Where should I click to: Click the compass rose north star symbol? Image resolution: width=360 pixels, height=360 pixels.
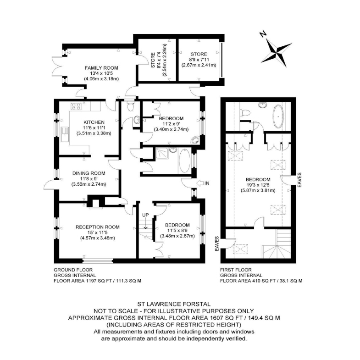pyautogui.click(x=277, y=53)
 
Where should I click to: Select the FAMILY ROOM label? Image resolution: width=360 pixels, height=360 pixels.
pyautogui.click(x=101, y=68)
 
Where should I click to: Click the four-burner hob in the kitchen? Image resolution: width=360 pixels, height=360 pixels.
pyautogui.click(x=76, y=106)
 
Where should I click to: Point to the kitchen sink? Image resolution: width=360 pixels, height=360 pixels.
pyautogui.click(x=65, y=134)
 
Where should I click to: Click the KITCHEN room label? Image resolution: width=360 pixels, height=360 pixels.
pyautogui.click(x=94, y=122)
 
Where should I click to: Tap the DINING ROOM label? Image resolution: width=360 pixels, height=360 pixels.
pyautogui.click(x=89, y=173)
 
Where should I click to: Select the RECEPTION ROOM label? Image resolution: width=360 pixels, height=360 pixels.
pyautogui.click(x=98, y=227)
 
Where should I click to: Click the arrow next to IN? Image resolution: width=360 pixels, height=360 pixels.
pyautogui.click(x=200, y=183)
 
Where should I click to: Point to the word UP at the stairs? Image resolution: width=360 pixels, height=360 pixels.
pyautogui.click(x=145, y=215)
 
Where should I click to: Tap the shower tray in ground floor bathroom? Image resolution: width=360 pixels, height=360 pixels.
pyautogui.click(x=162, y=153)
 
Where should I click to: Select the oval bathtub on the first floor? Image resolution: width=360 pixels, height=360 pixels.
pyautogui.click(x=278, y=117)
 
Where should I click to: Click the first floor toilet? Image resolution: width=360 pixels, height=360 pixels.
pyautogui.click(x=244, y=113)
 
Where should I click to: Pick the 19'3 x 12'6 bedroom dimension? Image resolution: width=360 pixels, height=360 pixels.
pyautogui.click(x=258, y=185)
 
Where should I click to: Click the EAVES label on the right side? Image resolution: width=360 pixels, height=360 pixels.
pyautogui.click(x=299, y=180)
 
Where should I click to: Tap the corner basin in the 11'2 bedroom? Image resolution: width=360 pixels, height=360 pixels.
pyautogui.click(x=195, y=141)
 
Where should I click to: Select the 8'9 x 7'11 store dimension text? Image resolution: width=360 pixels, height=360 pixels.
pyautogui.click(x=199, y=60)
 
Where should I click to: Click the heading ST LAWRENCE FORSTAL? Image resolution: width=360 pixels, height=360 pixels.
pyautogui.click(x=174, y=304)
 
